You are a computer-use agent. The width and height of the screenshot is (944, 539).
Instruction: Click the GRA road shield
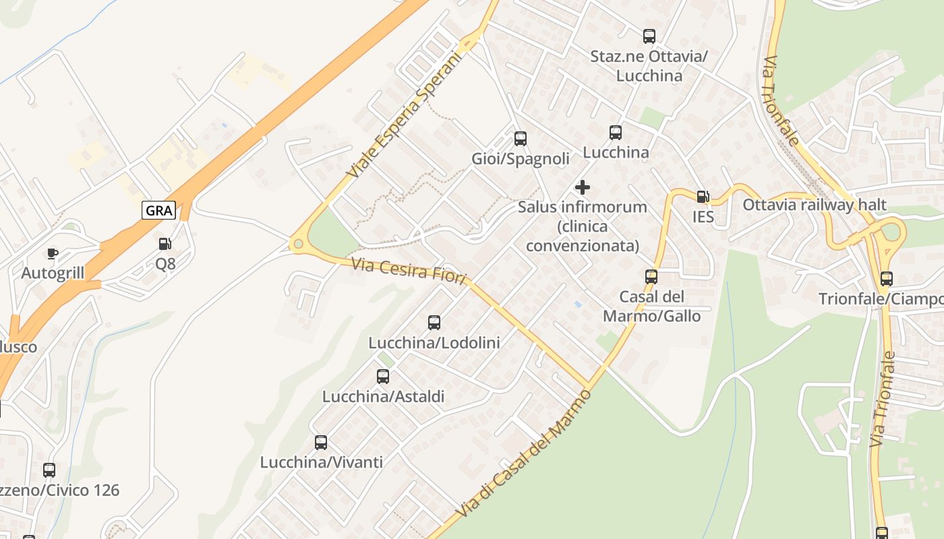tap(159, 210)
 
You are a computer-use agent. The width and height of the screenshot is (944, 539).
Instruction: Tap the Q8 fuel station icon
tap(165, 244)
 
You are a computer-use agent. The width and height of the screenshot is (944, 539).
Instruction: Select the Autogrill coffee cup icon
tap(53, 253)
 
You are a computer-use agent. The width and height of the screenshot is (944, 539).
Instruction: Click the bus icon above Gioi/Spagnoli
tap(521, 139)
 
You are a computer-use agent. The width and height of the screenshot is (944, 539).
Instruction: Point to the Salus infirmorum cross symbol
tap(583, 187)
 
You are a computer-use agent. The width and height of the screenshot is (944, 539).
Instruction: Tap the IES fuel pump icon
tap(703, 197)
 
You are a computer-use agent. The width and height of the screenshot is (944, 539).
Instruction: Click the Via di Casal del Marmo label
tap(524, 455)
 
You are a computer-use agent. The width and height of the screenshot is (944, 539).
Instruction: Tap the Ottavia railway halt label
tap(815, 205)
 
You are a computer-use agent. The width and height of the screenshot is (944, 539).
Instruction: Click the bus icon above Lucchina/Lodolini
tap(434, 323)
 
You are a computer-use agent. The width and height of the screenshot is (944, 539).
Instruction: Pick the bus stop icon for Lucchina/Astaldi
tap(383, 377)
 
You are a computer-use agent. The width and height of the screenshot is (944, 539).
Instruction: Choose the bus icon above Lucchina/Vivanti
tap(321, 443)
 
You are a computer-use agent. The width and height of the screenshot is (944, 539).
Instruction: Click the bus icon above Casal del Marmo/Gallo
tap(651, 276)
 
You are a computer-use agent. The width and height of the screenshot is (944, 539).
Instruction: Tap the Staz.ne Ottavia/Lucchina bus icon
tap(649, 36)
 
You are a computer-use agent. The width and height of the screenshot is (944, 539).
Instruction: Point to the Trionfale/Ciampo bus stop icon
tap(887, 278)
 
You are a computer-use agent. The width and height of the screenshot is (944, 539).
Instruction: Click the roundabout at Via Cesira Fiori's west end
tap(297, 245)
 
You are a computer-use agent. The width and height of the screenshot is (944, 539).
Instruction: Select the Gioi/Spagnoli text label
tap(520, 159)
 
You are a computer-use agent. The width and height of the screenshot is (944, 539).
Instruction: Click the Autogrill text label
tap(53, 273)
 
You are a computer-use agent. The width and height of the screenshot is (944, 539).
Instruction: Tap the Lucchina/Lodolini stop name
tap(434, 343)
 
